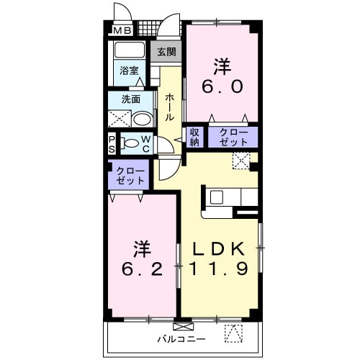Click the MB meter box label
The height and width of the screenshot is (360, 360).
pyautogui.click(x=121, y=31)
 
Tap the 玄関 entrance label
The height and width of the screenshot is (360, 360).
pyautogui.click(x=166, y=52)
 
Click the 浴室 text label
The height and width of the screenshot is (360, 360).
pyautogui.click(x=129, y=72)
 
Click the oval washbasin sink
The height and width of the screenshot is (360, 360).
pyautogui.click(x=142, y=119)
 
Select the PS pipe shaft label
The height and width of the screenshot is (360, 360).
pyautogui.click(x=112, y=143)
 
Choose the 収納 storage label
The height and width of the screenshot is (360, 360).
pyautogui.click(x=194, y=137)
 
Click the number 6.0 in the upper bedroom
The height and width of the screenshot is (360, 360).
pyautogui.click(x=222, y=87)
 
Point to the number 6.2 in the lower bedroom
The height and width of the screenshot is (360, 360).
pyautogui.click(x=141, y=270)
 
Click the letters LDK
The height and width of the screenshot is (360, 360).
pyautogui.click(x=220, y=249)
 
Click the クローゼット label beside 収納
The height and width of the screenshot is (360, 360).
pyautogui.click(x=233, y=137)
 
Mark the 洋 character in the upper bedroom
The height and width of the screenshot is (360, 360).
pyautogui.click(x=222, y=66)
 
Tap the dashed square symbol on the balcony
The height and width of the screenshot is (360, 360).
pyautogui.click(x=234, y=333)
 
